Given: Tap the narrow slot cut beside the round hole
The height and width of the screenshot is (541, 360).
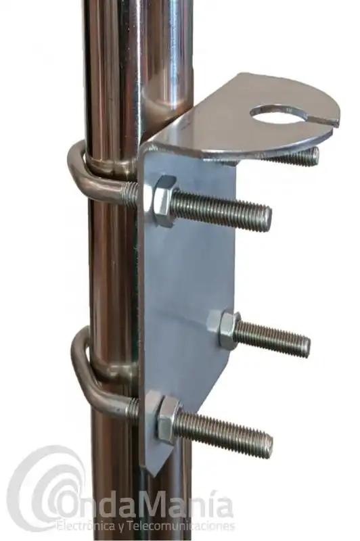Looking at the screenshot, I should (x=322, y=122).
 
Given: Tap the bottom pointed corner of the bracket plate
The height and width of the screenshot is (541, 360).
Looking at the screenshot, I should (x=152, y=467).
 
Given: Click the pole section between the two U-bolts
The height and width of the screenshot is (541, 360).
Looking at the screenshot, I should (x=112, y=270).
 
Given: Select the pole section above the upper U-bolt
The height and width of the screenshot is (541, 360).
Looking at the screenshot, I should (x=115, y=68).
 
